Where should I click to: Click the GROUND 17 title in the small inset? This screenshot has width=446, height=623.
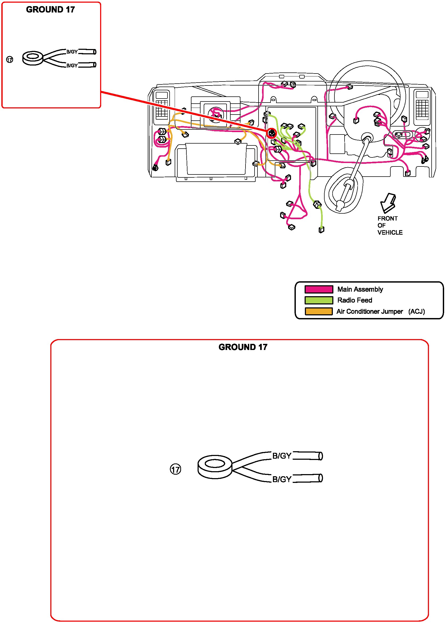(51, 10)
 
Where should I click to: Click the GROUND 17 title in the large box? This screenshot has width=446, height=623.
(243, 347)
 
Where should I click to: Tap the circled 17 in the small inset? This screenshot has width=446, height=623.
(10, 60)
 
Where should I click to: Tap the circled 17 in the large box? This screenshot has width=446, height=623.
(175, 469)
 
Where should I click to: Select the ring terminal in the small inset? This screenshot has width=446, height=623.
(33, 58)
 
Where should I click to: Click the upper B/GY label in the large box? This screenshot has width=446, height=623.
(281, 456)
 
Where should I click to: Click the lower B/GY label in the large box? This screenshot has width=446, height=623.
(281, 479)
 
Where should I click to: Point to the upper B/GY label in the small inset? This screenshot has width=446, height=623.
(72, 52)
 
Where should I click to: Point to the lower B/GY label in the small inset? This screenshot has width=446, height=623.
(72, 65)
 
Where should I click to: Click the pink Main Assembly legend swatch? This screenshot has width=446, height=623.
(318, 289)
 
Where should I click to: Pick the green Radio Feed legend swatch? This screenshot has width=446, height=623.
(318, 300)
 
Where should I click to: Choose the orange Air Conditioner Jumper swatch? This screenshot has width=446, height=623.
(318, 311)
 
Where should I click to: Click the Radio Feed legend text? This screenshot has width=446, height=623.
(355, 300)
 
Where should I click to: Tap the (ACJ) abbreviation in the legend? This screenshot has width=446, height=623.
(416, 312)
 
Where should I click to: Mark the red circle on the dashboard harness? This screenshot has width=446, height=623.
(272, 133)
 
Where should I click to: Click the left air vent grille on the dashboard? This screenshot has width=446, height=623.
(162, 109)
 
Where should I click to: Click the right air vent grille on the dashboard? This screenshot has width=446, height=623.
(422, 108)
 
